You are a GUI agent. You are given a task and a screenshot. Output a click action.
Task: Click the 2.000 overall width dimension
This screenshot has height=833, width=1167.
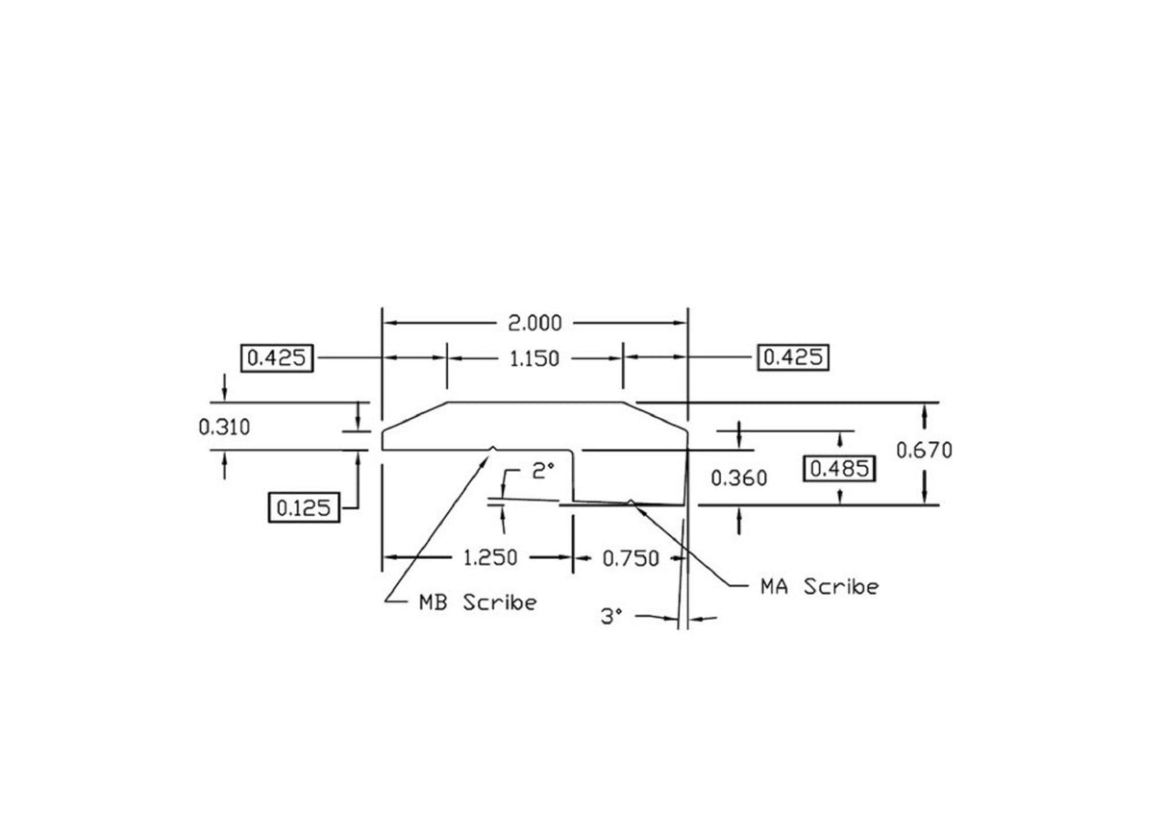point(535,323)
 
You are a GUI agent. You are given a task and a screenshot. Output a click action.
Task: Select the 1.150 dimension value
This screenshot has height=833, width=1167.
point(535,358)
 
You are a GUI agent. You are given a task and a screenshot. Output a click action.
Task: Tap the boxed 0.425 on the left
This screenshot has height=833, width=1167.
point(277,358)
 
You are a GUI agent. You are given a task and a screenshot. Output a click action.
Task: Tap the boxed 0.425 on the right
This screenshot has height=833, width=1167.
point(793,358)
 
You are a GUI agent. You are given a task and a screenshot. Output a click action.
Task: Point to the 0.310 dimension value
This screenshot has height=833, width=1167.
point(224,428)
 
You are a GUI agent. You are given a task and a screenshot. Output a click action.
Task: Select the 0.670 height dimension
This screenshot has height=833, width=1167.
point(925,449)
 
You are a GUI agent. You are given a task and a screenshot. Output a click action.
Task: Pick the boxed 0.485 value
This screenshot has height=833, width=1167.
point(840,469)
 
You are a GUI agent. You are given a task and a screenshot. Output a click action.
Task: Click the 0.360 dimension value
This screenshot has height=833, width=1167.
point(738,478)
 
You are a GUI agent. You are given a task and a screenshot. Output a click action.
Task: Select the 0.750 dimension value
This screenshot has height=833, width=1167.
point(631,558)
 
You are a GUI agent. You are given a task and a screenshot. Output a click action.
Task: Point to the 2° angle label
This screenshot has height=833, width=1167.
point(543,471)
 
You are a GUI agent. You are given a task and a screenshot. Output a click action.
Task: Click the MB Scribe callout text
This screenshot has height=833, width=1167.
point(477,603)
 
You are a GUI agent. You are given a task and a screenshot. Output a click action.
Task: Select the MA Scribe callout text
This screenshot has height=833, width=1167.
point(819,587)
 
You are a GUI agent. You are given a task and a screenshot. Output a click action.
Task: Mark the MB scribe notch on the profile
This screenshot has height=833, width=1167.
point(493,447)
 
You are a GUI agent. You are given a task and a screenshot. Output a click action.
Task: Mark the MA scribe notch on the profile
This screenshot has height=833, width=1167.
point(630,501)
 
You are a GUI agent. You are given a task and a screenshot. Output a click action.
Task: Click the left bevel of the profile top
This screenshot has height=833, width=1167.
point(415,416)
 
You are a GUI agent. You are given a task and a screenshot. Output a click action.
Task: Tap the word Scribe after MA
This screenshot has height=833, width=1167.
point(841,587)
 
